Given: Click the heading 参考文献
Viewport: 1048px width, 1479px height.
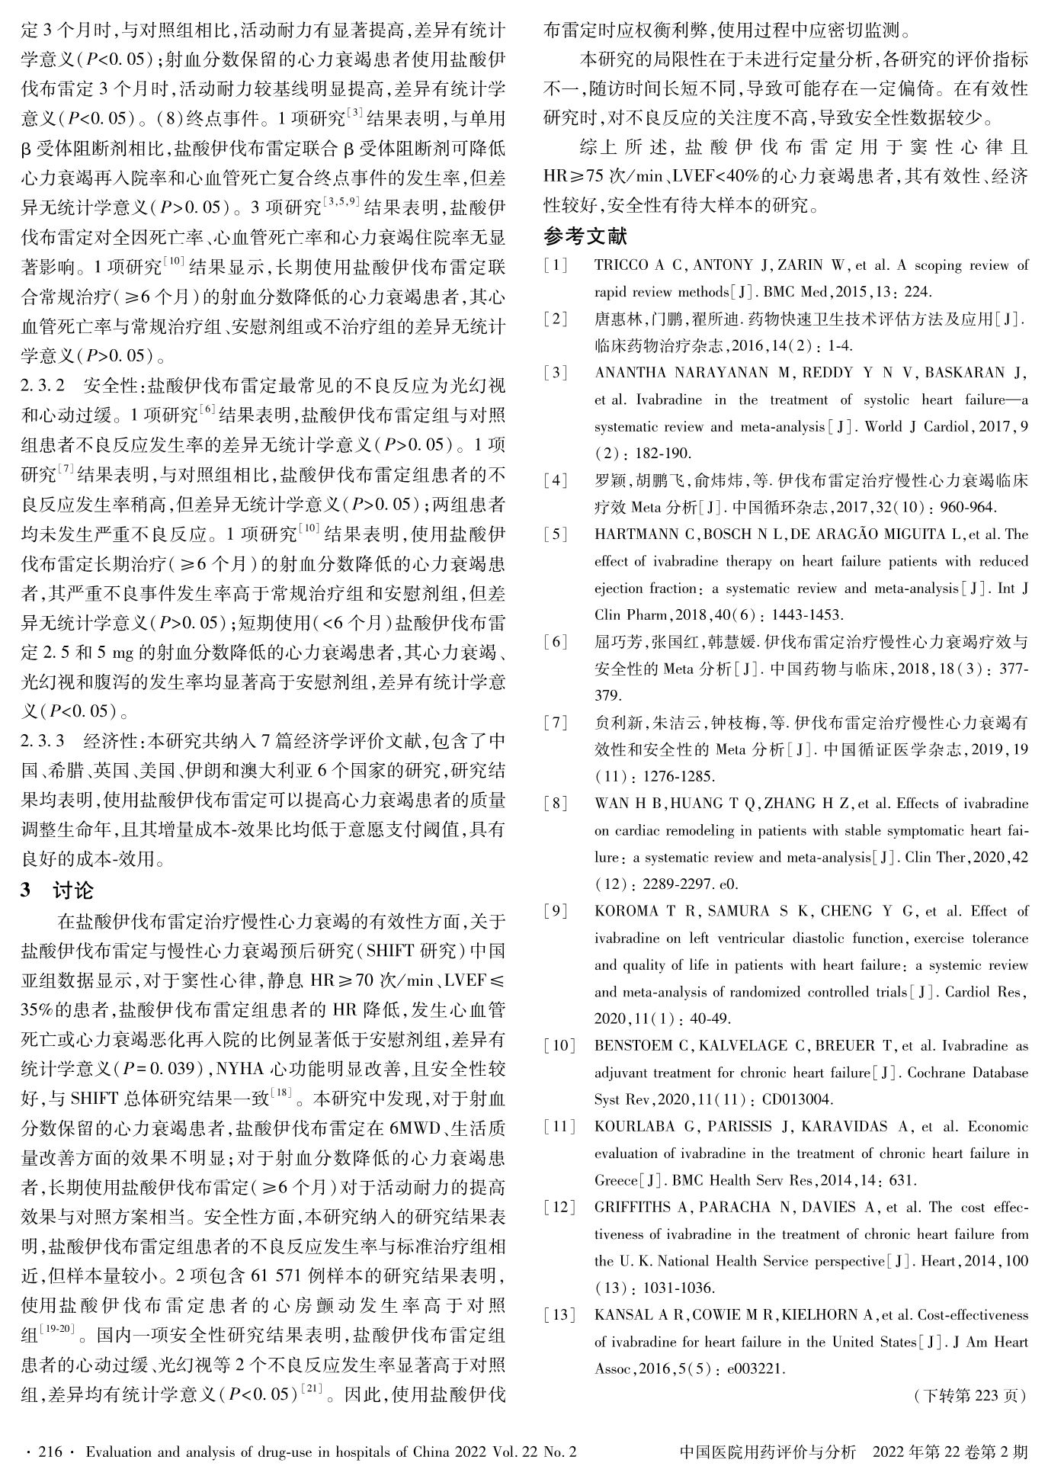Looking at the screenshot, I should (x=585, y=237).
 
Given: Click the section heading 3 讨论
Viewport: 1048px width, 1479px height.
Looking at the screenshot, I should (x=57, y=890).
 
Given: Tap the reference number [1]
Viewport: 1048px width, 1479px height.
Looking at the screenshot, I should (x=555, y=265).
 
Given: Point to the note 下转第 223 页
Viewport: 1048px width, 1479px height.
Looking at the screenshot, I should (x=969, y=1396).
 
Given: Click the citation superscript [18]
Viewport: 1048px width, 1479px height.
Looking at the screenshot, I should (x=280, y=1094).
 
